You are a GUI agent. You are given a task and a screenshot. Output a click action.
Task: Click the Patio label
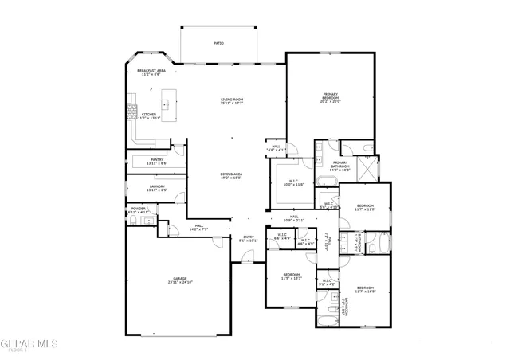[x=218, y=43]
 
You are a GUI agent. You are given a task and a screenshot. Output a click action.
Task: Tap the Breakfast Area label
[x=151, y=72]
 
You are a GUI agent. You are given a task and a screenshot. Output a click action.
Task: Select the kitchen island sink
[x=167, y=103]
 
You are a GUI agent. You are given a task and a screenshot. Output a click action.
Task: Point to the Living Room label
[x=231, y=101]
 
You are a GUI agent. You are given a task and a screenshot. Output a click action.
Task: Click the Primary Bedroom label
[x=330, y=98]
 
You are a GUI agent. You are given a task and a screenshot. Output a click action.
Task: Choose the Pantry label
[x=157, y=161]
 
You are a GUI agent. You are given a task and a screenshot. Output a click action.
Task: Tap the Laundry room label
[x=156, y=189]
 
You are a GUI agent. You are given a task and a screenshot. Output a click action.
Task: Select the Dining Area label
[x=232, y=177]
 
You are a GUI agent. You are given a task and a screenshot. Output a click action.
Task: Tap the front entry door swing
[x=248, y=257]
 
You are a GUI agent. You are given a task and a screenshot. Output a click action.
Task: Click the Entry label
[x=248, y=238]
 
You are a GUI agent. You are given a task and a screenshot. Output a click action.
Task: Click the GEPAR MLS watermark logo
[x=29, y=343]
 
